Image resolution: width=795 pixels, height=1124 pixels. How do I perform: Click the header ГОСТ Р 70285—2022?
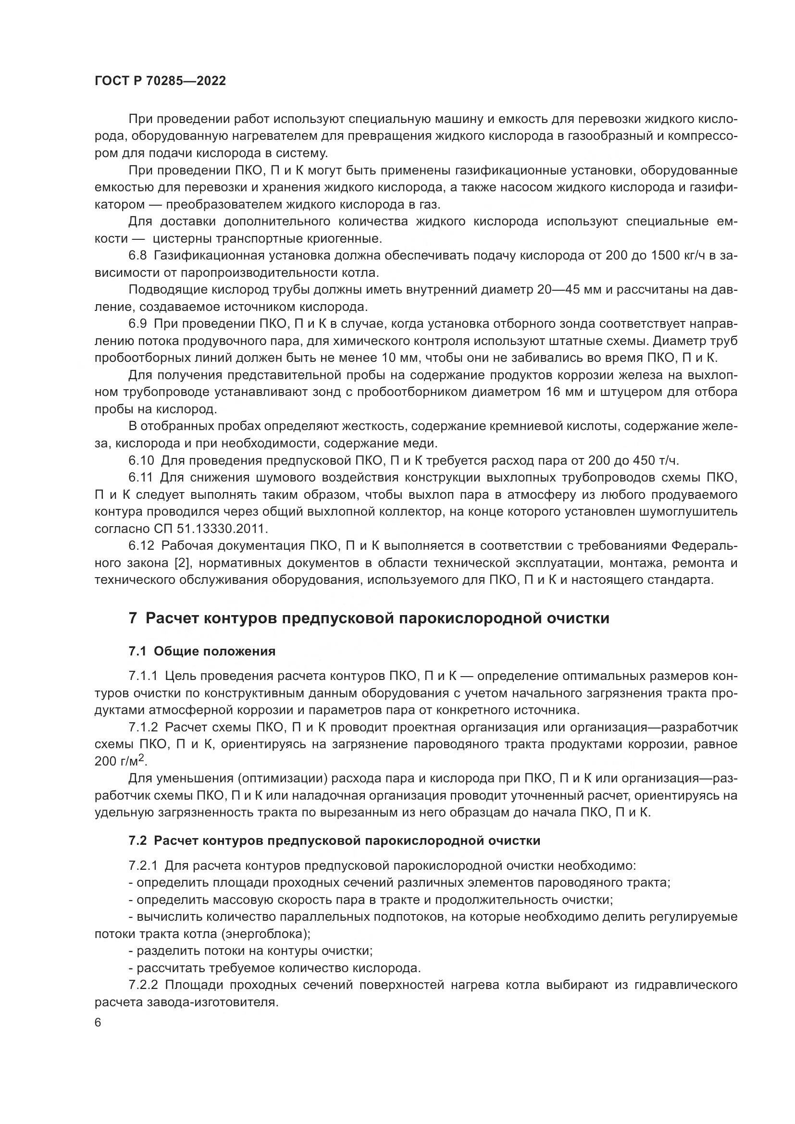coord(160,81)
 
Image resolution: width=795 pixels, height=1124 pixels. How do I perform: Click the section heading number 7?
coord(133,618)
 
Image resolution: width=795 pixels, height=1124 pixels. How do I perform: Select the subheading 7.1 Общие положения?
coord(202,651)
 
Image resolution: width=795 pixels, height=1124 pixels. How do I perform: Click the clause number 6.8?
coord(137,256)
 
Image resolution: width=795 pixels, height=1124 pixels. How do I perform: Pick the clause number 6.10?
coord(141,460)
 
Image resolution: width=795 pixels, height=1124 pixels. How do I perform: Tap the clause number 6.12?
coord(141,546)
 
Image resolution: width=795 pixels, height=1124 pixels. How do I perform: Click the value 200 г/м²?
coord(121,761)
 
